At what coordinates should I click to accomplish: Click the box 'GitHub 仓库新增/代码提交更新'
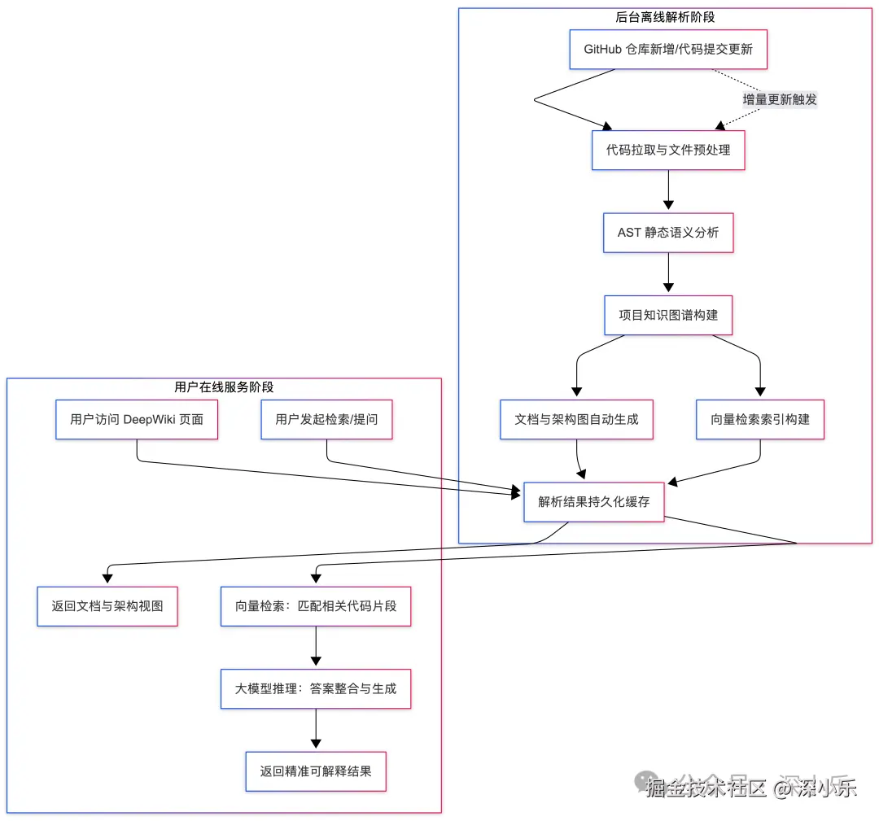click(x=668, y=49)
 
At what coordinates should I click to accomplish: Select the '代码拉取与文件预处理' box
click(x=668, y=150)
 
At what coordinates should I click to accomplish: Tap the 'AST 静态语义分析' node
click(x=668, y=233)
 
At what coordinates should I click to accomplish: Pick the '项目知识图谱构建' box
click(x=668, y=315)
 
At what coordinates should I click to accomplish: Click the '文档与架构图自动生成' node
click(x=577, y=419)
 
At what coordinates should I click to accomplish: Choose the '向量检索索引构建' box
click(x=760, y=419)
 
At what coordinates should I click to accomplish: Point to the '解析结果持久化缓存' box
click(x=594, y=501)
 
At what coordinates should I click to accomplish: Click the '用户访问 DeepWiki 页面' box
click(x=137, y=419)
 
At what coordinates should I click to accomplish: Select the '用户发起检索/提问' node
click(x=326, y=419)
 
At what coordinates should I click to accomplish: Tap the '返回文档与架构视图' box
click(x=107, y=605)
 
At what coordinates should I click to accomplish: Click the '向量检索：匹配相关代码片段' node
click(x=316, y=605)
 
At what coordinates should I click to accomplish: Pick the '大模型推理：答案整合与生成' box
click(x=316, y=688)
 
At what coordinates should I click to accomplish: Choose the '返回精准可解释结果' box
click(x=316, y=771)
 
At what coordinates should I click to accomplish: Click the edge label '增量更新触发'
click(x=779, y=99)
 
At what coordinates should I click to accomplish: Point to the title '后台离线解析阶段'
click(x=665, y=17)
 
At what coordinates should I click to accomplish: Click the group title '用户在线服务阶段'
click(x=224, y=386)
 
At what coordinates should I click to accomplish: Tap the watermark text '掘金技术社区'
click(x=706, y=787)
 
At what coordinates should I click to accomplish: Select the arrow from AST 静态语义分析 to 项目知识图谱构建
click(x=668, y=273)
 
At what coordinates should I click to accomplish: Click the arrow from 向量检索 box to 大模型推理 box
click(x=316, y=647)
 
